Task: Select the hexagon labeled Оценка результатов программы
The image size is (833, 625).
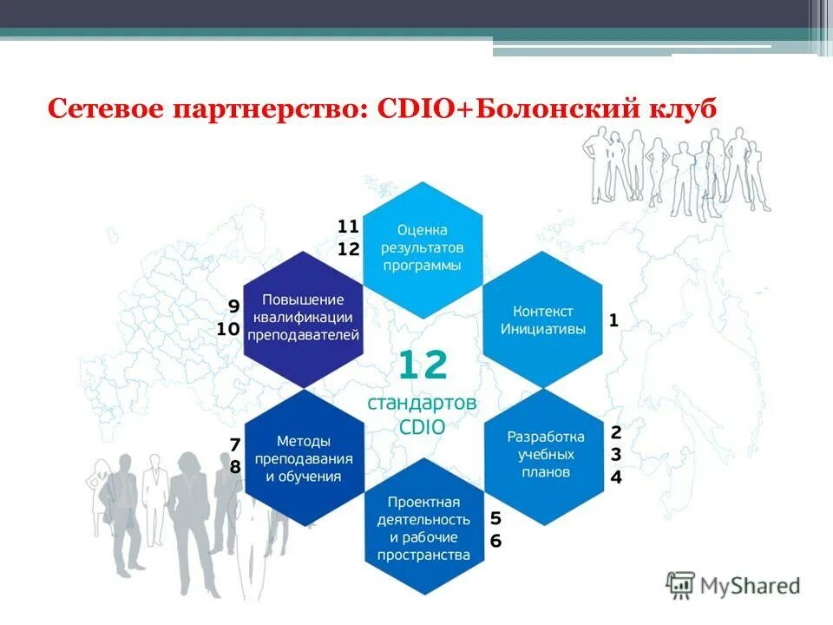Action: (x=423, y=248)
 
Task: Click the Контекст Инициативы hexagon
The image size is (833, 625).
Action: (x=543, y=319)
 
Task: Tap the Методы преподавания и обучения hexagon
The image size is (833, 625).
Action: (x=304, y=458)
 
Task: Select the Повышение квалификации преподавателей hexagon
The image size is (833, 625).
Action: (x=304, y=317)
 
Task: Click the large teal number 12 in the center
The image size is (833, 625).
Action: (x=423, y=365)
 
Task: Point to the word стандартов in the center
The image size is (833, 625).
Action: (x=423, y=405)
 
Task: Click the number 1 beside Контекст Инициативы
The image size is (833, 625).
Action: (x=613, y=320)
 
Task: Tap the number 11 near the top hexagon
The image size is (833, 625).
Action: (x=348, y=227)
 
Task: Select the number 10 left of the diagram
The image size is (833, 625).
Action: (x=228, y=329)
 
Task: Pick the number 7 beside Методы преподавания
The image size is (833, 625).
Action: (x=234, y=444)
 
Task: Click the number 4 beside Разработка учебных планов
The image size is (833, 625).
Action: (x=616, y=477)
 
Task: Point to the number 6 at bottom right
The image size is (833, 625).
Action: (x=495, y=541)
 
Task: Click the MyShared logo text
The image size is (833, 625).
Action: (x=751, y=586)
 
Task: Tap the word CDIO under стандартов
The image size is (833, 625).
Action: (x=423, y=427)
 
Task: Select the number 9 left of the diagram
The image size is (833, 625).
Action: (x=233, y=306)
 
